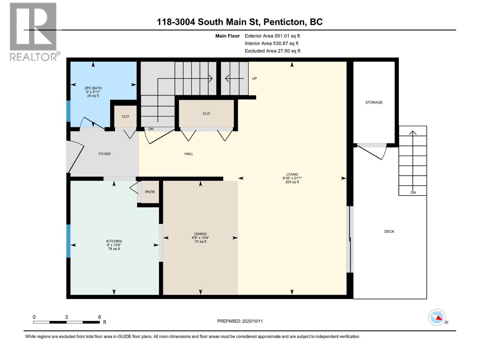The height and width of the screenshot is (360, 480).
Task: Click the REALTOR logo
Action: click(x=33, y=31)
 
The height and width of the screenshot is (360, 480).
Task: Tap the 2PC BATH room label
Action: click(x=93, y=88)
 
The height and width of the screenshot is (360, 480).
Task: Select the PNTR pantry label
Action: click(x=150, y=192)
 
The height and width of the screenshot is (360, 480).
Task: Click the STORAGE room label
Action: click(x=374, y=102)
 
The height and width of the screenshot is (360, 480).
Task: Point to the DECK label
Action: click(x=389, y=231)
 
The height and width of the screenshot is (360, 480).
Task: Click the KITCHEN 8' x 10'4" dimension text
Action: click(x=114, y=245)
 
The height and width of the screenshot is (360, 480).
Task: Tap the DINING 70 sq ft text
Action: click(x=200, y=241)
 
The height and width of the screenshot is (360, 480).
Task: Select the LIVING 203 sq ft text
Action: click(x=292, y=182)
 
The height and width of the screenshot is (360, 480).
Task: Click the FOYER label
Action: click(x=104, y=154)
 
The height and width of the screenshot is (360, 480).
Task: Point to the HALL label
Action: click(x=189, y=154)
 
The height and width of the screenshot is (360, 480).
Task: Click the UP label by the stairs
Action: click(x=254, y=79)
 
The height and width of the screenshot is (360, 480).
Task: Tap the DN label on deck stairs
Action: click(x=413, y=193)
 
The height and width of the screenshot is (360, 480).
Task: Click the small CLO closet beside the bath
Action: click(x=125, y=116)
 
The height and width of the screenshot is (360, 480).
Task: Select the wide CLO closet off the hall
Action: click(x=206, y=113)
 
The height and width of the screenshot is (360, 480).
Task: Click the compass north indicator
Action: click(x=437, y=317)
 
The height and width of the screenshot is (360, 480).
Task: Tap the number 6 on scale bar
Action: click(x=100, y=317)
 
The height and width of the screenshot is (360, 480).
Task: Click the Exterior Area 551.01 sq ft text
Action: click(x=272, y=36)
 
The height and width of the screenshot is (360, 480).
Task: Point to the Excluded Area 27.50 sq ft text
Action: click(x=272, y=51)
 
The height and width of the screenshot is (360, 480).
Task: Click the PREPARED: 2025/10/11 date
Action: click(x=240, y=321)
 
